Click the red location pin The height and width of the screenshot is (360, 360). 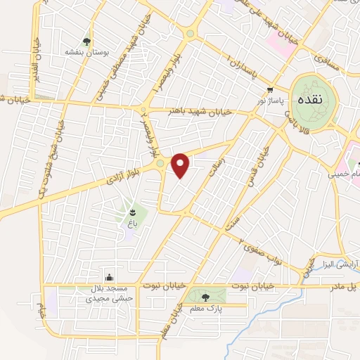coord(181,165)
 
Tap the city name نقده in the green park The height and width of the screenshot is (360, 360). coord(310,99)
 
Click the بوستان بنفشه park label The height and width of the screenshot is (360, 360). coord(85,52)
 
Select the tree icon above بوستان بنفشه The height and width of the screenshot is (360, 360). coord(87,41)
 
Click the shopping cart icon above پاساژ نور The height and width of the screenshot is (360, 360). coord(271,89)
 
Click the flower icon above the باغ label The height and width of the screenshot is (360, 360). coord(131,210)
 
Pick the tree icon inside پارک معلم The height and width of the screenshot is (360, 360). coord(205,297)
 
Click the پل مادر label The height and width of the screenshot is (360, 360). coord(345,286)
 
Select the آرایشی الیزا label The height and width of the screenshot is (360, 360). coord(335,265)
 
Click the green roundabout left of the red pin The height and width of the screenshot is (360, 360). coord(161,164)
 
